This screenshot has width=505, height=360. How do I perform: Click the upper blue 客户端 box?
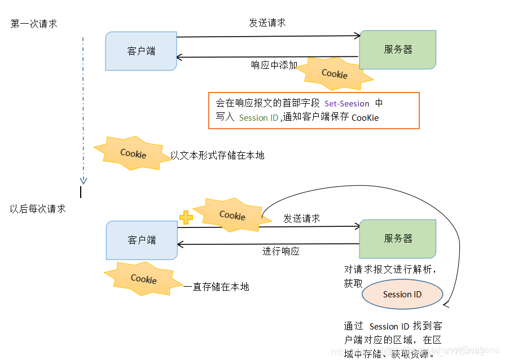point(141,51)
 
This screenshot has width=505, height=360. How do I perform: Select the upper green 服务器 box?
point(398,50)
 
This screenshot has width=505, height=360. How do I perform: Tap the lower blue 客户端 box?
point(142,240)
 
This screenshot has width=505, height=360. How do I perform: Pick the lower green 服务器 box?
point(398,239)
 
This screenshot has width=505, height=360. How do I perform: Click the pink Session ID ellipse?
point(402,295)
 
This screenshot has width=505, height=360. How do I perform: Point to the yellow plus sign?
point(186,218)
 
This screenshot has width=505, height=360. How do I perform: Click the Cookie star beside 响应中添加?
point(334,74)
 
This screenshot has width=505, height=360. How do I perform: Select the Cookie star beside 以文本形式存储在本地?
point(133,153)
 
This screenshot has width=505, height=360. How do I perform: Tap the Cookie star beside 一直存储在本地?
point(144,279)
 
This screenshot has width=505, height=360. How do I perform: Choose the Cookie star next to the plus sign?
point(232,215)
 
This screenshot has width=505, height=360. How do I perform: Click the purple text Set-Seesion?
point(347,104)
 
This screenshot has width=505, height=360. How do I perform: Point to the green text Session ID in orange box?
point(258,118)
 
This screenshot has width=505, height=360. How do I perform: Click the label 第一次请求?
point(34,24)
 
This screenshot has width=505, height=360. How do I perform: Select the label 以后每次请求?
point(38,209)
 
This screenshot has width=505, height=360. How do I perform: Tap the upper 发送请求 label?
point(267,23)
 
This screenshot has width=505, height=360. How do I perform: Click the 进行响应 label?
point(281,251)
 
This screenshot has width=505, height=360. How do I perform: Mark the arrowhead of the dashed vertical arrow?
point(84,181)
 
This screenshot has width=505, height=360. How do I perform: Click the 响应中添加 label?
point(274,65)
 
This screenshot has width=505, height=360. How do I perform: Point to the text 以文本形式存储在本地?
point(217,156)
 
